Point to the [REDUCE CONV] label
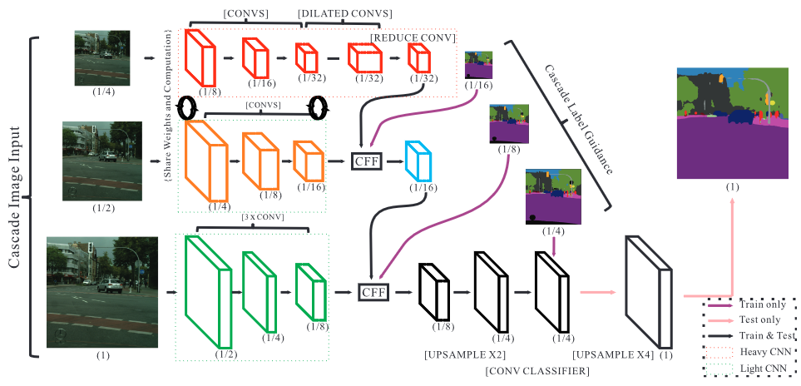[x=413, y=37]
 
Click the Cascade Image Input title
[x=16, y=198]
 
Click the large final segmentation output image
[x=733, y=124]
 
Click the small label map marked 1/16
[x=480, y=65]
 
